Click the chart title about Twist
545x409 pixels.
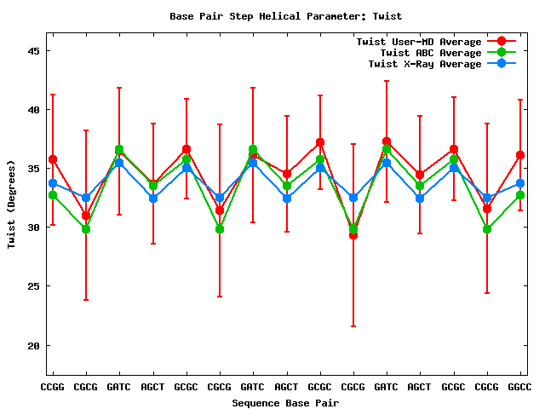(285, 16)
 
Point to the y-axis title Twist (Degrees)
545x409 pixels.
(12, 204)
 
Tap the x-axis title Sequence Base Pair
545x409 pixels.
(285, 402)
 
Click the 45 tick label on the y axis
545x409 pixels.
(34, 51)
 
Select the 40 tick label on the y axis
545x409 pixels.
(34, 110)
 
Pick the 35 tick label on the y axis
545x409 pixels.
(34, 169)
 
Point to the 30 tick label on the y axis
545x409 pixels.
(34, 228)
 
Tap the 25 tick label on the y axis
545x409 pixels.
(34, 286)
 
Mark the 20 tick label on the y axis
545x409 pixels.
(34, 345)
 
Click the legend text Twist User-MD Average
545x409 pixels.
(419, 42)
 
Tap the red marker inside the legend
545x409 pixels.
(502, 42)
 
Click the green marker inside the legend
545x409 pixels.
(502, 53)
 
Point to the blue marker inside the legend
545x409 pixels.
(502, 64)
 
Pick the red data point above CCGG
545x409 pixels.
(53, 159)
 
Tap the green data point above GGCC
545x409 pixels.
(520, 195)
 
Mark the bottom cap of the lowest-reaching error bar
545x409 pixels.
(353, 326)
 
